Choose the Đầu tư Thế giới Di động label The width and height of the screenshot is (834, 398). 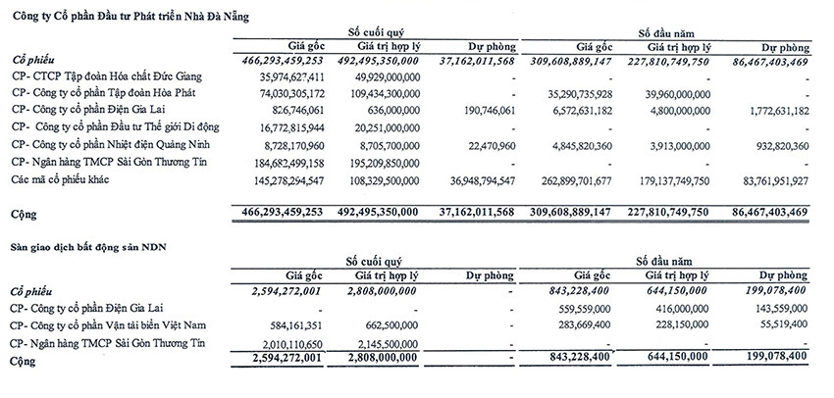click(x=115, y=127)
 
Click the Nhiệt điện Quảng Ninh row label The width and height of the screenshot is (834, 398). click(x=110, y=145)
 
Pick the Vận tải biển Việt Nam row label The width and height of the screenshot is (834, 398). click(x=114, y=324)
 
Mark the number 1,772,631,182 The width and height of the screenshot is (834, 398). click(x=768, y=111)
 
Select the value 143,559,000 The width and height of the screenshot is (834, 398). click(x=772, y=307)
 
